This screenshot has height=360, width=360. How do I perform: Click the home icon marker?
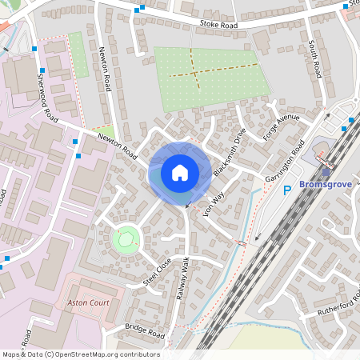pyautogui.click(x=180, y=173)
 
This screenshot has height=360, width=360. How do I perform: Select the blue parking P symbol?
pyautogui.click(x=288, y=190)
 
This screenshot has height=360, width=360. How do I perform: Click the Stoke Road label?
pyautogui.click(x=220, y=26)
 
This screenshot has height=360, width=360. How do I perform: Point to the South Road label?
pyautogui.click(x=316, y=61)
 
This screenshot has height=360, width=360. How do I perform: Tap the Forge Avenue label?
pyautogui.click(x=281, y=128)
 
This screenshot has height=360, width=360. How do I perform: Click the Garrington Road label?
pyautogui.click(x=287, y=161)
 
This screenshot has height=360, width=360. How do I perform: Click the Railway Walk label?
pyautogui.click(x=182, y=278)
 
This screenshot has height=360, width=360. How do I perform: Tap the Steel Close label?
pyautogui.click(x=158, y=272)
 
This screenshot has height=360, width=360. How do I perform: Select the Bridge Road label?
pyautogui.click(x=145, y=330)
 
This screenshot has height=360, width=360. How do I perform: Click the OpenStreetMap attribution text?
pyautogui.click(x=80, y=354)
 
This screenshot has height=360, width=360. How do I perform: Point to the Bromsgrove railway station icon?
pyautogui.click(x=325, y=170)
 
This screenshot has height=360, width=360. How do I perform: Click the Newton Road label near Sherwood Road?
pyautogui.click(x=118, y=146)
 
